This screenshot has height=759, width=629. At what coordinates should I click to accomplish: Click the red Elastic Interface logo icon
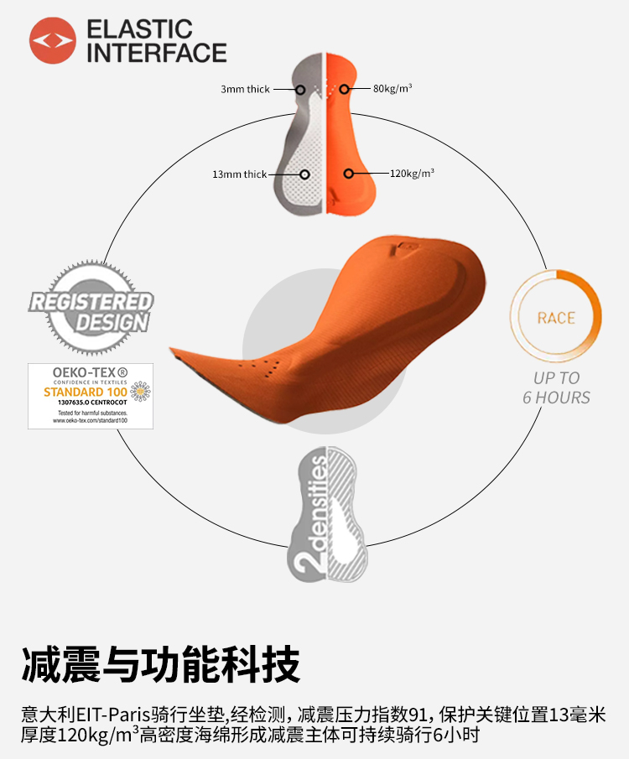point(53,40)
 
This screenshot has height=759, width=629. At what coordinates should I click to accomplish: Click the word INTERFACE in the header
point(157,54)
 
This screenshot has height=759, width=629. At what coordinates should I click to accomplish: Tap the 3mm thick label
point(245,89)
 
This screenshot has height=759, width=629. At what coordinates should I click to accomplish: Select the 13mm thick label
point(239,174)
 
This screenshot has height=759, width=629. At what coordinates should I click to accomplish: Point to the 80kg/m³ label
point(392,88)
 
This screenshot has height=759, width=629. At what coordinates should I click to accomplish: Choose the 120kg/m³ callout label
point(413,174)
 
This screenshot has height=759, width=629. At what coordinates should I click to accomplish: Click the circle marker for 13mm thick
point(304,174)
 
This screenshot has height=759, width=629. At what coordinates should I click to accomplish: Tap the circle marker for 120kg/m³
point(348,174)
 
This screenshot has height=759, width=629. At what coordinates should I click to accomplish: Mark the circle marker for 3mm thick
point(300,89)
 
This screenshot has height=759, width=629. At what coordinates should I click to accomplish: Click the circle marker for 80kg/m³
point(343,88)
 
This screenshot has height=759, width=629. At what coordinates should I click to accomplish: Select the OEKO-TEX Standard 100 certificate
point(91,396)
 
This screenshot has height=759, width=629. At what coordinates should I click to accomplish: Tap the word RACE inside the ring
point(556,318)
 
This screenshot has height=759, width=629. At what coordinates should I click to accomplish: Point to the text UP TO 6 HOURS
point(556,387)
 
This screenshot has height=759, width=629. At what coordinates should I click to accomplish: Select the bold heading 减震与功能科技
point(160,666)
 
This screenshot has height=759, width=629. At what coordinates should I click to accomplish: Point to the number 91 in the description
point(417,715)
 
